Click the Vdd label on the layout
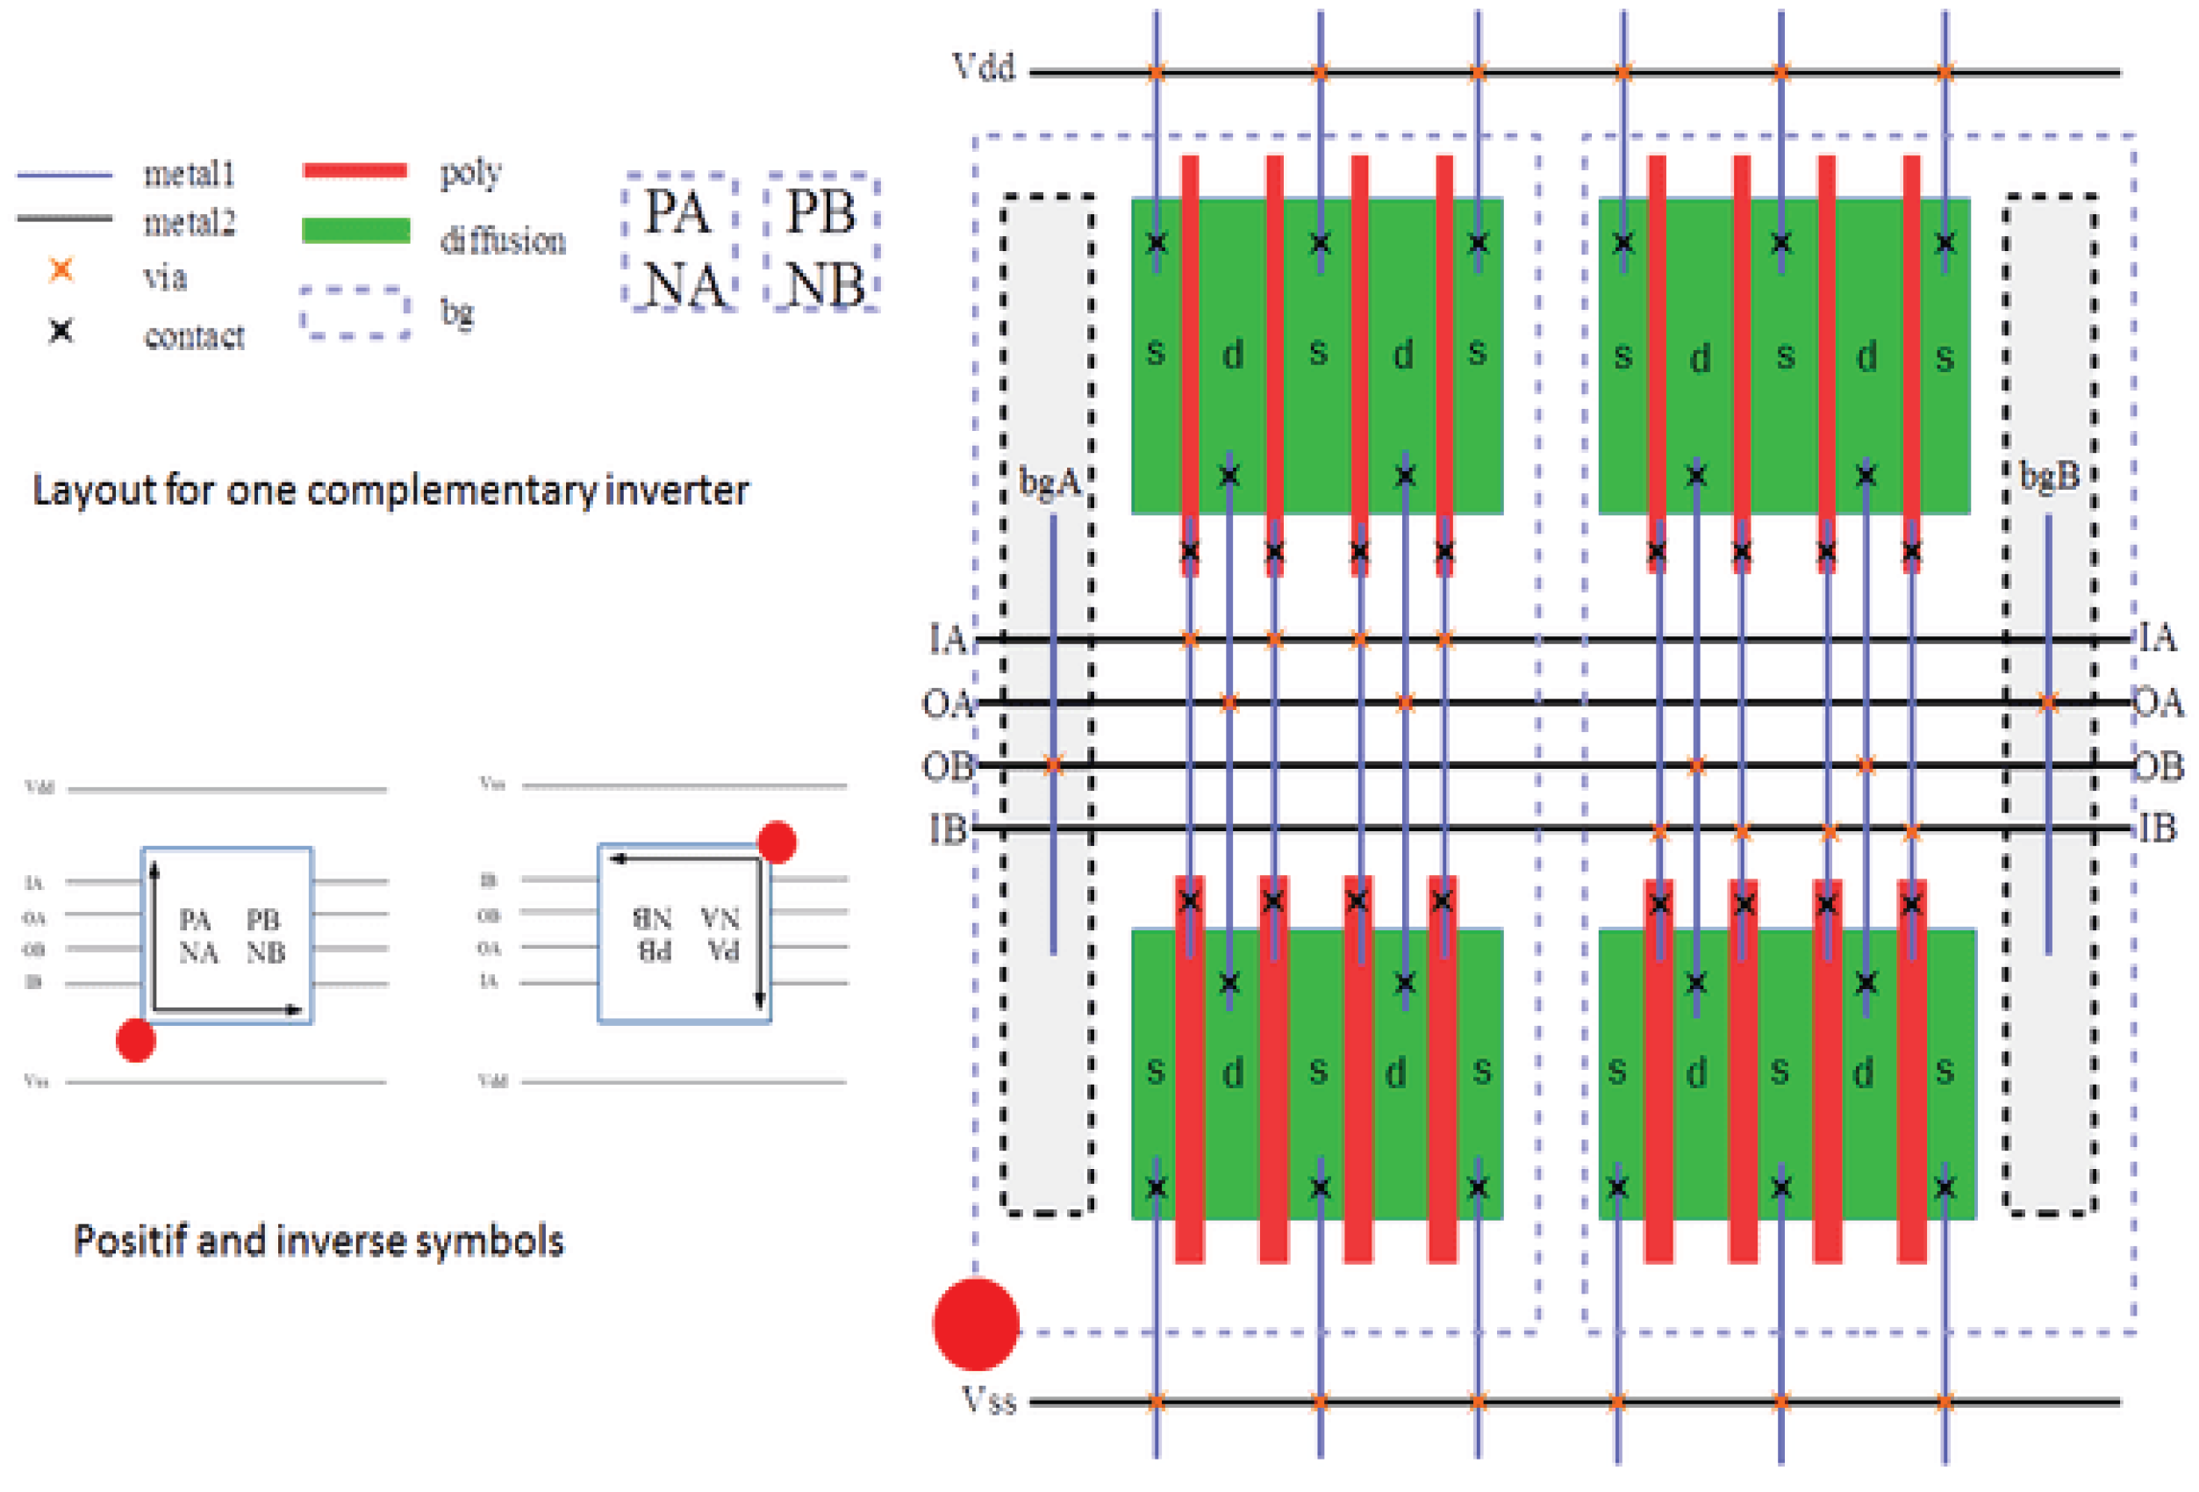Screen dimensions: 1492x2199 pos(983,68)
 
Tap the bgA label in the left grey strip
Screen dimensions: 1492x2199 pos(1049,483)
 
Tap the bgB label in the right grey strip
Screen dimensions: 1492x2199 pos(2050,476)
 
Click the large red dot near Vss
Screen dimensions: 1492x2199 pos(976,1323)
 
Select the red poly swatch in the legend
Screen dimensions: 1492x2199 pos(355,171)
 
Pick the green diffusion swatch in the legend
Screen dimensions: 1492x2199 pos(355,231)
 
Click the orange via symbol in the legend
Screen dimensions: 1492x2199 pos(61,270)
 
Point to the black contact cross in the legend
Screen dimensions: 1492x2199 pos(61,331)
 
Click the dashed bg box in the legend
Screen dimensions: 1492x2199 pos(355,312)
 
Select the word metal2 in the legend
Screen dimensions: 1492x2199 pos(190,223)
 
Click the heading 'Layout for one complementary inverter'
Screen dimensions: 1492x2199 pos(390,491)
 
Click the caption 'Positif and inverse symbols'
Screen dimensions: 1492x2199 pos(319,1240)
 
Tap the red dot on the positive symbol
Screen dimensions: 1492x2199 pos(135,1041)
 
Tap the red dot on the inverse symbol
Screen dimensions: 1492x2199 pos(777,842)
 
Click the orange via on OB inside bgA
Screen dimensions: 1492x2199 pos(1053,764)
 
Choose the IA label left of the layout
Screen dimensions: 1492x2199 pos(947,641)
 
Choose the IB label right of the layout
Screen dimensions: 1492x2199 pos(2159,828)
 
